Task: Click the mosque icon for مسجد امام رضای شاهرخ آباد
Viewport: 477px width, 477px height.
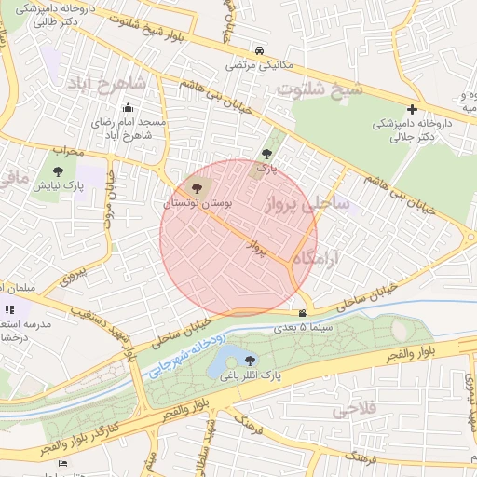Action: (x=128, y=108)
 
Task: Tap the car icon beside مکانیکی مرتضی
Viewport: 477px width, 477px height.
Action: (x=258, y=52)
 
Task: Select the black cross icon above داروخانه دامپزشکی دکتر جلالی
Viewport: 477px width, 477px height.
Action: (x=412, y=109)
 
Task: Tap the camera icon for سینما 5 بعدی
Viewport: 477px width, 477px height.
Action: (x=303, y=313)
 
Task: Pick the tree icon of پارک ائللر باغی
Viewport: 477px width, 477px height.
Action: (x=249, y=360)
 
